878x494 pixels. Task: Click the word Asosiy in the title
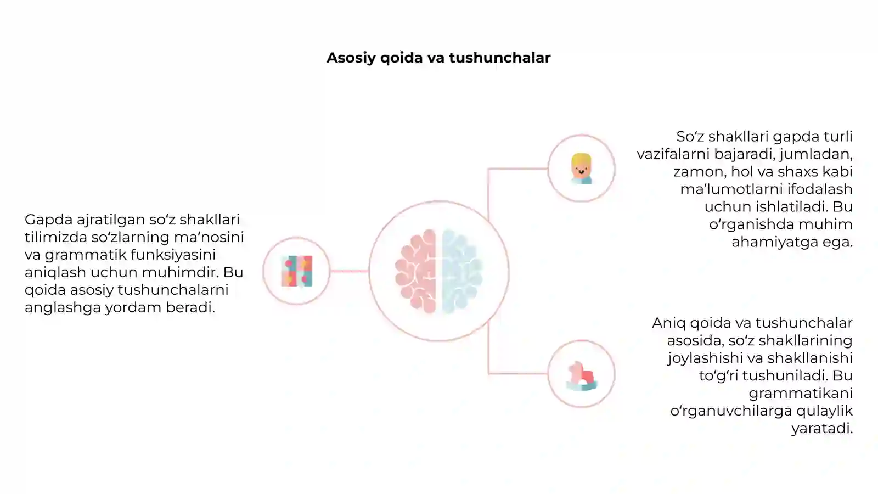(x=351, y=58)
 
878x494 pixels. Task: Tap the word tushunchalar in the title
(x=500, y=58)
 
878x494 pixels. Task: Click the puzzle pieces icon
(x=297, y=271)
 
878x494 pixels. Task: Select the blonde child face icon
(x=581, y=169)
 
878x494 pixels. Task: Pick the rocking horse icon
(x=582, y=376)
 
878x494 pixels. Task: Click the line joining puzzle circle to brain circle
(x=349, y=271)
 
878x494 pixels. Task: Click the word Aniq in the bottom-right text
(x=669, y=324)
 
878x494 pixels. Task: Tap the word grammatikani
(x=801, y=393)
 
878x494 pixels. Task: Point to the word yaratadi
(x=822, y=429)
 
